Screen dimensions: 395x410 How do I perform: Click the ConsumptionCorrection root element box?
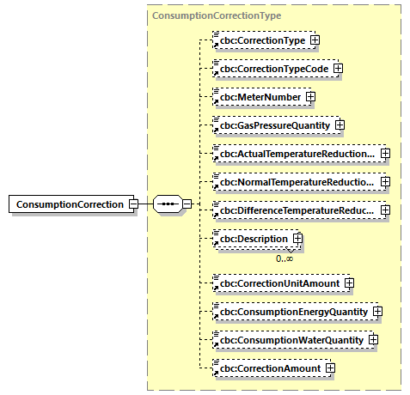point(69,204)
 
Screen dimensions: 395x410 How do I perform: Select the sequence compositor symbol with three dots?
point(167,204)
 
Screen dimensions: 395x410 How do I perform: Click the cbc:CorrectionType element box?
point(263,39)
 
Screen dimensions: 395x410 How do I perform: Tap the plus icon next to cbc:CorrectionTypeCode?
point(338,68)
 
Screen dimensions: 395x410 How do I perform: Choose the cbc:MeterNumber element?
point(260,97)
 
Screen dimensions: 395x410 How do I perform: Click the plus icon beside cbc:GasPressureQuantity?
point(340,125)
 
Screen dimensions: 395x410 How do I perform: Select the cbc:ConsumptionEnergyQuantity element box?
point(292,311)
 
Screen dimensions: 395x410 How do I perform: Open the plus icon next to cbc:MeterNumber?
point(309,97)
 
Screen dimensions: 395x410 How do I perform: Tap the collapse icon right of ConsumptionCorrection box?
point(132,204)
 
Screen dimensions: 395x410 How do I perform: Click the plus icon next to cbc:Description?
point(297,239)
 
